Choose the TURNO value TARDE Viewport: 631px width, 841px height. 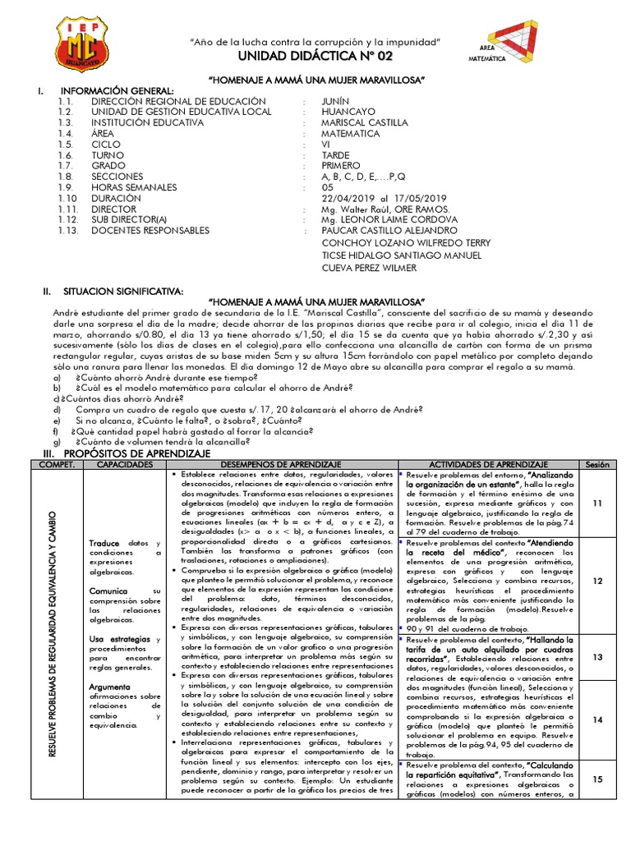pos(335,155)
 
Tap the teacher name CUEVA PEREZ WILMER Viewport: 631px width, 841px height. pos(369,268)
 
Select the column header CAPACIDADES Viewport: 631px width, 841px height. pos(125,464)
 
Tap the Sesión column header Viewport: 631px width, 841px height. pos(596,464)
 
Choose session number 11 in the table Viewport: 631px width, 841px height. pos(597,503)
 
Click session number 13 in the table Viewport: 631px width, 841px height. pos(597,656)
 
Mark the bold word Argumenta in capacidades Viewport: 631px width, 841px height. pos(109,686)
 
